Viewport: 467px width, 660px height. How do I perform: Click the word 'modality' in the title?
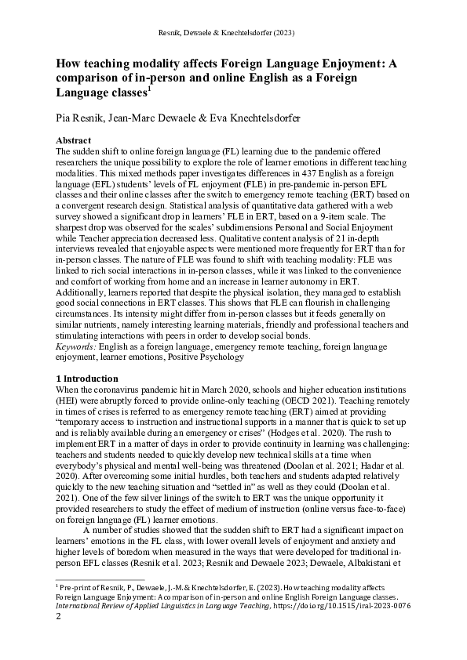coord(166,64)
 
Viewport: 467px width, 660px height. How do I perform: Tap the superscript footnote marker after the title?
coord(150,90)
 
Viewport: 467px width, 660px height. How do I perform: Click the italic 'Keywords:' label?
coord(80,346)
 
